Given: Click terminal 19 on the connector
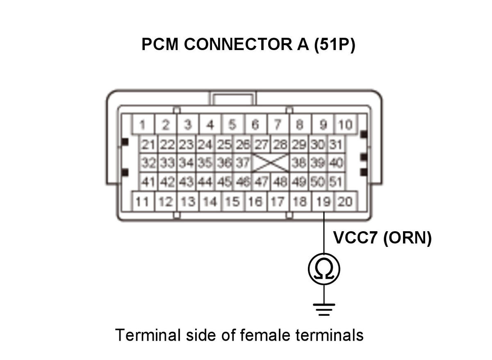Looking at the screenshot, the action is coord(323,201).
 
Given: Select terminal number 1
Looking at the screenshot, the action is coord(143,124).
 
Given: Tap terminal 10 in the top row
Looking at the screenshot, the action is coord(346,124).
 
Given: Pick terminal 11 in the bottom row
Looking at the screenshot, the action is coord(143,201).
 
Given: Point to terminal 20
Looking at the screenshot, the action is coord(346,201).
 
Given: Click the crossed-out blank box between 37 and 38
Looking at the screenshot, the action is coord(271,163).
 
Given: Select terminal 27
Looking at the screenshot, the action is coord(262,144).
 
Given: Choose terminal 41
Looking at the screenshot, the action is coord(148,181).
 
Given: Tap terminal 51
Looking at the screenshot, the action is coord(336,181).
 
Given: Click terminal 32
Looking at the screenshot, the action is coord(148,163).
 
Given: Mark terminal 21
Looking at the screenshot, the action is coord(148,144).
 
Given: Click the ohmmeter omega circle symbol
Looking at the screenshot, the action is coord(324,269).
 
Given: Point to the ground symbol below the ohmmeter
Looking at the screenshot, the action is coord(324,310).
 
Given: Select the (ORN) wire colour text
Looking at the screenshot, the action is coord(408,238).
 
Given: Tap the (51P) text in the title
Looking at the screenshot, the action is coord(335,45).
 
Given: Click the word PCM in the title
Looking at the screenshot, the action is coord(160,44).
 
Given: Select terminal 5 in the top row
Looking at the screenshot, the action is coord(233,124).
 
